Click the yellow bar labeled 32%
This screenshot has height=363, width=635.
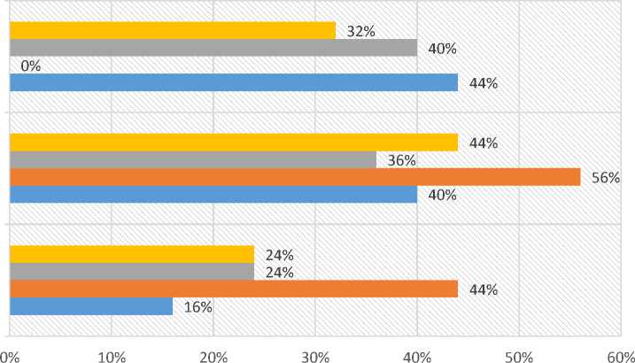click(x=173, y=30)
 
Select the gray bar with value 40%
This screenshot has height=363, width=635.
click(x=213, y=48)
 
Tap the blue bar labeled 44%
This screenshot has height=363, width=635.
click(x=234, y=83)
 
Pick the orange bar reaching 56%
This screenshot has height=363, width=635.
click(x=295, y=177)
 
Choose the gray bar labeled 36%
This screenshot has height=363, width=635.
click(x=193, y=160)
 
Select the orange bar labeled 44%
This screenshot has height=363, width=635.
click(x=234, y=290)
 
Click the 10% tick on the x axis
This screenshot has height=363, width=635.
click(x=112, y=354)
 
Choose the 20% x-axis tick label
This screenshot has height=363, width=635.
click(x=213, y=354)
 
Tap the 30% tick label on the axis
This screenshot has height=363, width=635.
click(x=315, y=354)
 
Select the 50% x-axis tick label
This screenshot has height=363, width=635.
click(x=519, y=354)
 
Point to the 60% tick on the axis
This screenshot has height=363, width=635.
click(x=620, y=354)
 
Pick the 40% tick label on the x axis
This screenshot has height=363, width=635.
click(x=417, y=354)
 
